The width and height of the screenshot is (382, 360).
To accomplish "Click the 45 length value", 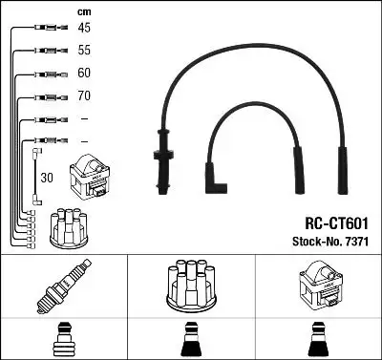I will click(84, 28).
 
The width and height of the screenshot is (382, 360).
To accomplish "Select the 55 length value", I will click(84, 51).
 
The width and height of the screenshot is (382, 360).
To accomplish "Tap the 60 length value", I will click(84, 74).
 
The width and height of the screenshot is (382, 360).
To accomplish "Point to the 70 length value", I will click(84, 96).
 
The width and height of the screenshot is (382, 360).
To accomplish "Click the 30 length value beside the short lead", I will click(47, 177).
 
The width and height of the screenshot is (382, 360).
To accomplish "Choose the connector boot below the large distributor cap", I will click(190, 340).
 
